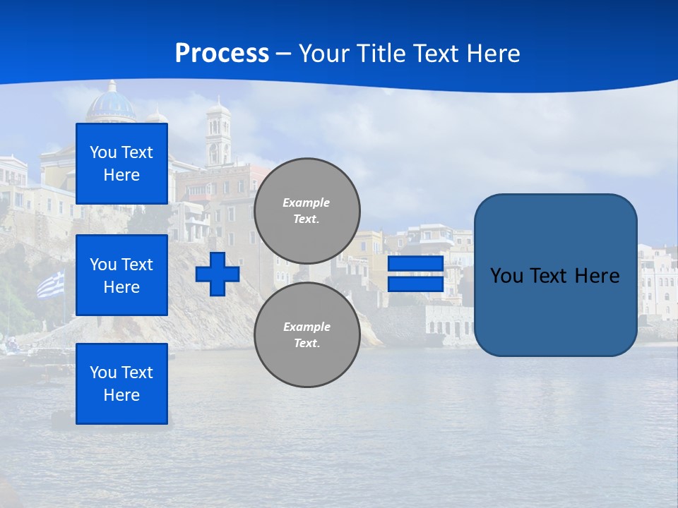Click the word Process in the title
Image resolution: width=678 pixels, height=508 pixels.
point(222,54)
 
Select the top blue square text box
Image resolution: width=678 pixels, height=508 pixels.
point(121,164)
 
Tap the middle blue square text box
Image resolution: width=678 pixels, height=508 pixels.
point(121,275)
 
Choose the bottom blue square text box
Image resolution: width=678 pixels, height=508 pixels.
point(121,384)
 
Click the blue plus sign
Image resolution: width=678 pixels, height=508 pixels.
point(218,274)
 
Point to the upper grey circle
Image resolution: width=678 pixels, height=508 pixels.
point(307,211)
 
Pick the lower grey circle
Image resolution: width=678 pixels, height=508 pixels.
point(307,335)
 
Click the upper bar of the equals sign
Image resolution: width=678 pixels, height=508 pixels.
point(415,264)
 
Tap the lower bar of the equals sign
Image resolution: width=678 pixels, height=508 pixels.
point(415,284)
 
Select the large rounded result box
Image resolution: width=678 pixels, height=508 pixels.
point(555,275)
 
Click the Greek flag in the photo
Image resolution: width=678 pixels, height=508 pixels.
point(50,285)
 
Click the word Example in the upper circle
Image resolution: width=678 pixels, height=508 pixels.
point(306,202)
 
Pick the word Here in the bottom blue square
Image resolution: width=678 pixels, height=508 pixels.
point(121,395)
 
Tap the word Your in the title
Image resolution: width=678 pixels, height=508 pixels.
point(321,54)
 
